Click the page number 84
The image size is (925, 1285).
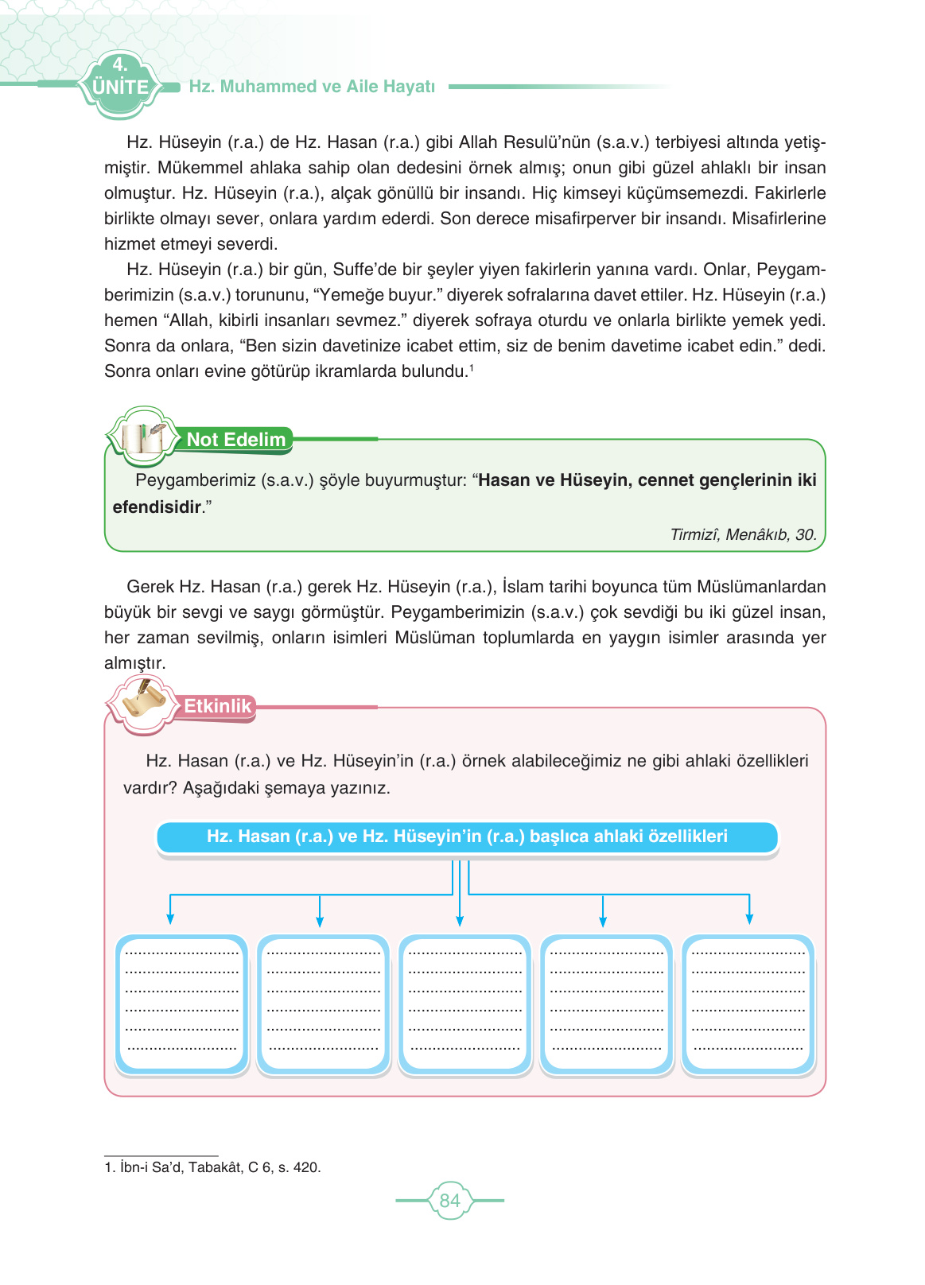(x=449, y=1201)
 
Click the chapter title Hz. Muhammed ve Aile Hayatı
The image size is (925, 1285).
(x=312, y=87)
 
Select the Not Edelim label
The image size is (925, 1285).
(x=235, y=440)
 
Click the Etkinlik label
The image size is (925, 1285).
(x=217, y=706)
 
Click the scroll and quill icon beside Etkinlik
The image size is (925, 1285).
(x=141, y=704)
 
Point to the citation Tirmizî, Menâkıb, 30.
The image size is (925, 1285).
(x=743, y=534)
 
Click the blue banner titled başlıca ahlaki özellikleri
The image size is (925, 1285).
(x=467, y=837)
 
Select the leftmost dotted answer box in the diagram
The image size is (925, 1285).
(x=182, y=1004)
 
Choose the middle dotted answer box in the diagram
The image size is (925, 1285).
(x=464, y=1004)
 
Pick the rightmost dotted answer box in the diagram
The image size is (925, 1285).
(x=748, y=1004)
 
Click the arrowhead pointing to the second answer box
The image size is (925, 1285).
(x=320, y=921)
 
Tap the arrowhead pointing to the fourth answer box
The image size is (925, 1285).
(x=603, y=921)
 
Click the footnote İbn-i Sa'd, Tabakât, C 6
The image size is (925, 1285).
(x=212, y=1167)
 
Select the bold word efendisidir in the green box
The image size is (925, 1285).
(x=157, y=507)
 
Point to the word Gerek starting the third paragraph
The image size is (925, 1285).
(x=150, y=587)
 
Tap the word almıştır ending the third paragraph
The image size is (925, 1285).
(x=134, y=663)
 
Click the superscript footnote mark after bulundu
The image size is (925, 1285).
(x=472, y=367)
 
